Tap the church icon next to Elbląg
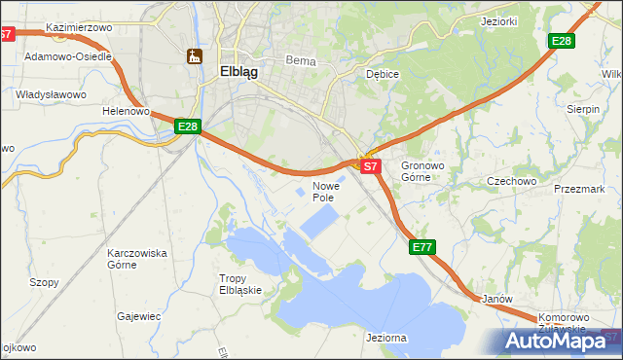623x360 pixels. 194,56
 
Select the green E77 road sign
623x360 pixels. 421,248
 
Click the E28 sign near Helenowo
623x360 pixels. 188,126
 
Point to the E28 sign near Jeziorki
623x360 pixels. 562,41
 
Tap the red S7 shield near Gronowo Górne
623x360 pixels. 370,166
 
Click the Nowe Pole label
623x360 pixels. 324,192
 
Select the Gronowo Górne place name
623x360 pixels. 421,172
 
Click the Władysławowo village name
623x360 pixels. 52,94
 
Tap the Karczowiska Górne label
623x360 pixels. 136,259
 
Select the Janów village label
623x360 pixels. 496,299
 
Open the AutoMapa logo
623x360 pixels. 561,341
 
